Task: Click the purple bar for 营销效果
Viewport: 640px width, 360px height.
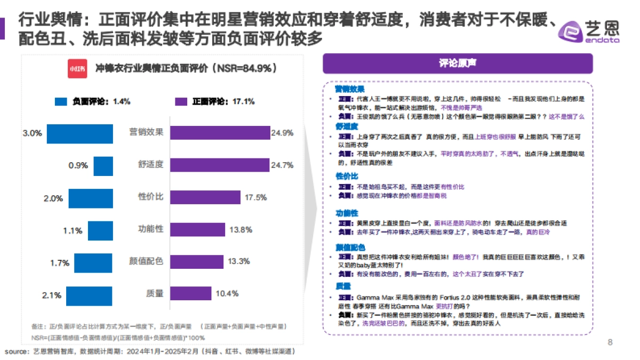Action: (220, 133)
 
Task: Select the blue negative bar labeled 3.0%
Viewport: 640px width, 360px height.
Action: (79, 134)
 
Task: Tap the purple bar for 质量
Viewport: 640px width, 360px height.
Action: (191, 293)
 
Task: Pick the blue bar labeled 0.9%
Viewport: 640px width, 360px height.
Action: (103, 166)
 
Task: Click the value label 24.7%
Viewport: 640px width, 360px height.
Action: (282, 165)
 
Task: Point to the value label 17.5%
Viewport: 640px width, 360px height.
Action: (255, 197)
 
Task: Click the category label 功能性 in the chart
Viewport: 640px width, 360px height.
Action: (150, 230)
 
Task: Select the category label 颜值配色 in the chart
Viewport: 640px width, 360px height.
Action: (146, 262)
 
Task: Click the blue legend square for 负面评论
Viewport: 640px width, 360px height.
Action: (61, 101)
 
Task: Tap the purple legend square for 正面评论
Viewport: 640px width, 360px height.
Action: (181, 101)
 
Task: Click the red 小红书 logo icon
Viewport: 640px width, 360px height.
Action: (77, 69)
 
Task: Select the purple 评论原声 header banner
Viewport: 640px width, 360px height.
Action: (457, 63)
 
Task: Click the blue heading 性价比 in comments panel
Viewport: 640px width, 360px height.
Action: (346, 176)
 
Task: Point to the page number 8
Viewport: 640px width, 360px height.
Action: (610, 342)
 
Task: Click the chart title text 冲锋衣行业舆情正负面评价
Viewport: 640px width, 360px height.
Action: (152, 69)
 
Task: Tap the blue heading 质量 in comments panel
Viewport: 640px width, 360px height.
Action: (342, 286)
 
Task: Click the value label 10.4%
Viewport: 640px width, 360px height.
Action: (227, 293)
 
